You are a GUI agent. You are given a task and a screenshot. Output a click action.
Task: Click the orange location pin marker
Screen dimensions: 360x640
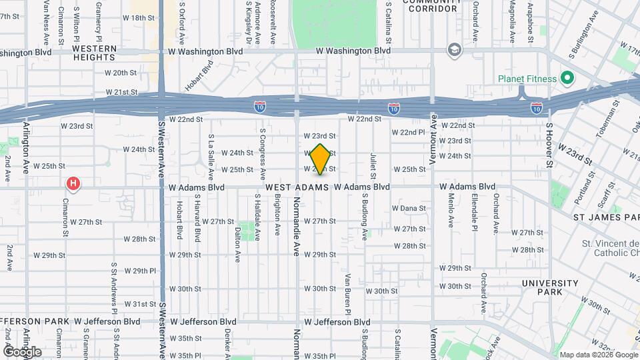[x=321, y=159]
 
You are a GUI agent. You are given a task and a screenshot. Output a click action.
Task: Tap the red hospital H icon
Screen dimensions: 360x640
[x=73, y=183]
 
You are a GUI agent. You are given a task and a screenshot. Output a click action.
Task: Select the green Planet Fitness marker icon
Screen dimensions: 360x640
[x=567, y=78]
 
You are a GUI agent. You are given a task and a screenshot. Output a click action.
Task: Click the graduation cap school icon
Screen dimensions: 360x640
[x=455, y=51]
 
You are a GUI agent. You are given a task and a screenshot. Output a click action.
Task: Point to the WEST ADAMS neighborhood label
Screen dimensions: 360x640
[x=297, y=187]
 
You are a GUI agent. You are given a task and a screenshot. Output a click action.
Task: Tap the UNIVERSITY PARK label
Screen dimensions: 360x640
[x=550, y=287]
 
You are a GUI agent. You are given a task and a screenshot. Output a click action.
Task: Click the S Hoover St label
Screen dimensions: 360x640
[x=549, y=144]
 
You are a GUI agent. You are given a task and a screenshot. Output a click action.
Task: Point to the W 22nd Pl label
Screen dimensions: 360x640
[x=408, y=132]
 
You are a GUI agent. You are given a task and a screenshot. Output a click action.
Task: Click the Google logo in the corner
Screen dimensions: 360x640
[x=22, y=351]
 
